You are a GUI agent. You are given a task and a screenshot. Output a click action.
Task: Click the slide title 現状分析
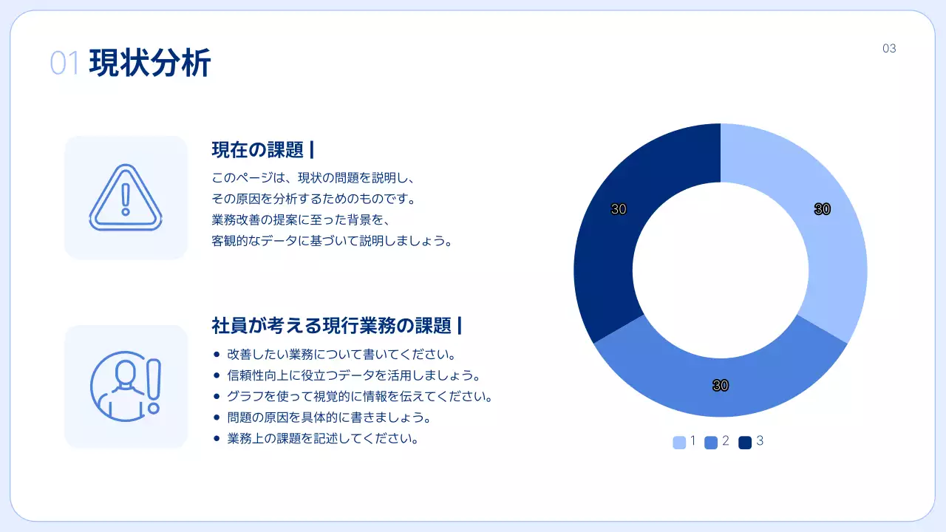(x=150, y=63)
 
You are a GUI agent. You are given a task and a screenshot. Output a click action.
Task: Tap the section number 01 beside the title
(x=64, y=64)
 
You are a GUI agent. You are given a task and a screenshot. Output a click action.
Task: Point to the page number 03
(x=889, y=49)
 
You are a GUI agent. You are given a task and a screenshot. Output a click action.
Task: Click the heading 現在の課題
(x=257, y=150)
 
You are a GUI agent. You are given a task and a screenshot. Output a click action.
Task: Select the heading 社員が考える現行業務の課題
(x=331, y=325)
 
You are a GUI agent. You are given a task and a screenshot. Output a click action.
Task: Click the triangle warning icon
(x=126, y=197)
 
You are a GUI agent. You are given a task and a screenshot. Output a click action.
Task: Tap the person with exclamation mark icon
(x=126, y=386)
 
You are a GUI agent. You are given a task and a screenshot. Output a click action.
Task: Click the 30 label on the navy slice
(x=619, y=209)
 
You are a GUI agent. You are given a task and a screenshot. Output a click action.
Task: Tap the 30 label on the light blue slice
(x=822, y=209)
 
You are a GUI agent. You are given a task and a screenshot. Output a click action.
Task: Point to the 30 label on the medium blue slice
(x=721, y=385)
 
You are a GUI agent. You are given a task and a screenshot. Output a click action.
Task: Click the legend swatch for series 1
(x=679, y=442)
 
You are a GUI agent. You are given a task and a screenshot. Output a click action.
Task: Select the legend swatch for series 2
(x=711, y=442)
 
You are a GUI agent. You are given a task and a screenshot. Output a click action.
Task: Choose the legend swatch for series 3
(x=745, y=442)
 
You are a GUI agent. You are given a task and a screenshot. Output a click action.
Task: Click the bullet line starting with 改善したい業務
(x=341, y=354)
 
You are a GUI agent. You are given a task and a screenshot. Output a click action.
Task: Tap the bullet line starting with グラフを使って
(x=360, y=396)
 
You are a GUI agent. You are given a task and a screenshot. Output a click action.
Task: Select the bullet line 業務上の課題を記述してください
(x=324, y=438)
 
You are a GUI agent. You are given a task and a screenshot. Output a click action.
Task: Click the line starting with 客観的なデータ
(x=331, y=241)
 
